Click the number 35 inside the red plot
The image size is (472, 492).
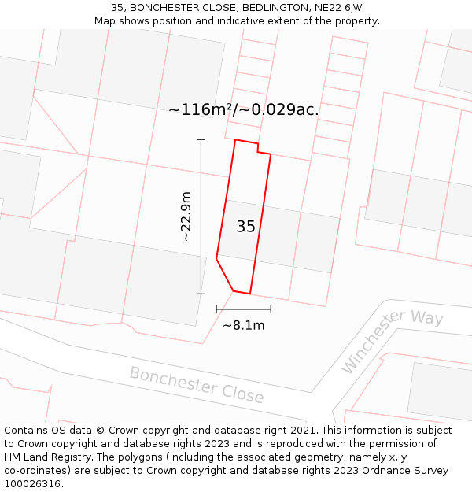(245, 227)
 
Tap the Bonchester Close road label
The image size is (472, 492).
(197, 385)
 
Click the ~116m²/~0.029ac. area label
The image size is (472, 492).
(243, 110)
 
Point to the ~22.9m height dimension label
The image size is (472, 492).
(186, 216)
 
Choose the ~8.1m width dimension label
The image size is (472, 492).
(243, 325)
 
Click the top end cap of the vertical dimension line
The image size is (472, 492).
(201, 140)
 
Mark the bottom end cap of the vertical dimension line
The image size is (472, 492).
(201, 294)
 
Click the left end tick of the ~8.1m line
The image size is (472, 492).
(216, 309)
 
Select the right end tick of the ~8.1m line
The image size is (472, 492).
(271, 309)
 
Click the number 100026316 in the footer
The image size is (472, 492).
(34, 484)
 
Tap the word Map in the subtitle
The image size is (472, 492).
(105, 21)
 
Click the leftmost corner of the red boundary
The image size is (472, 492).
(216, 258)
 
